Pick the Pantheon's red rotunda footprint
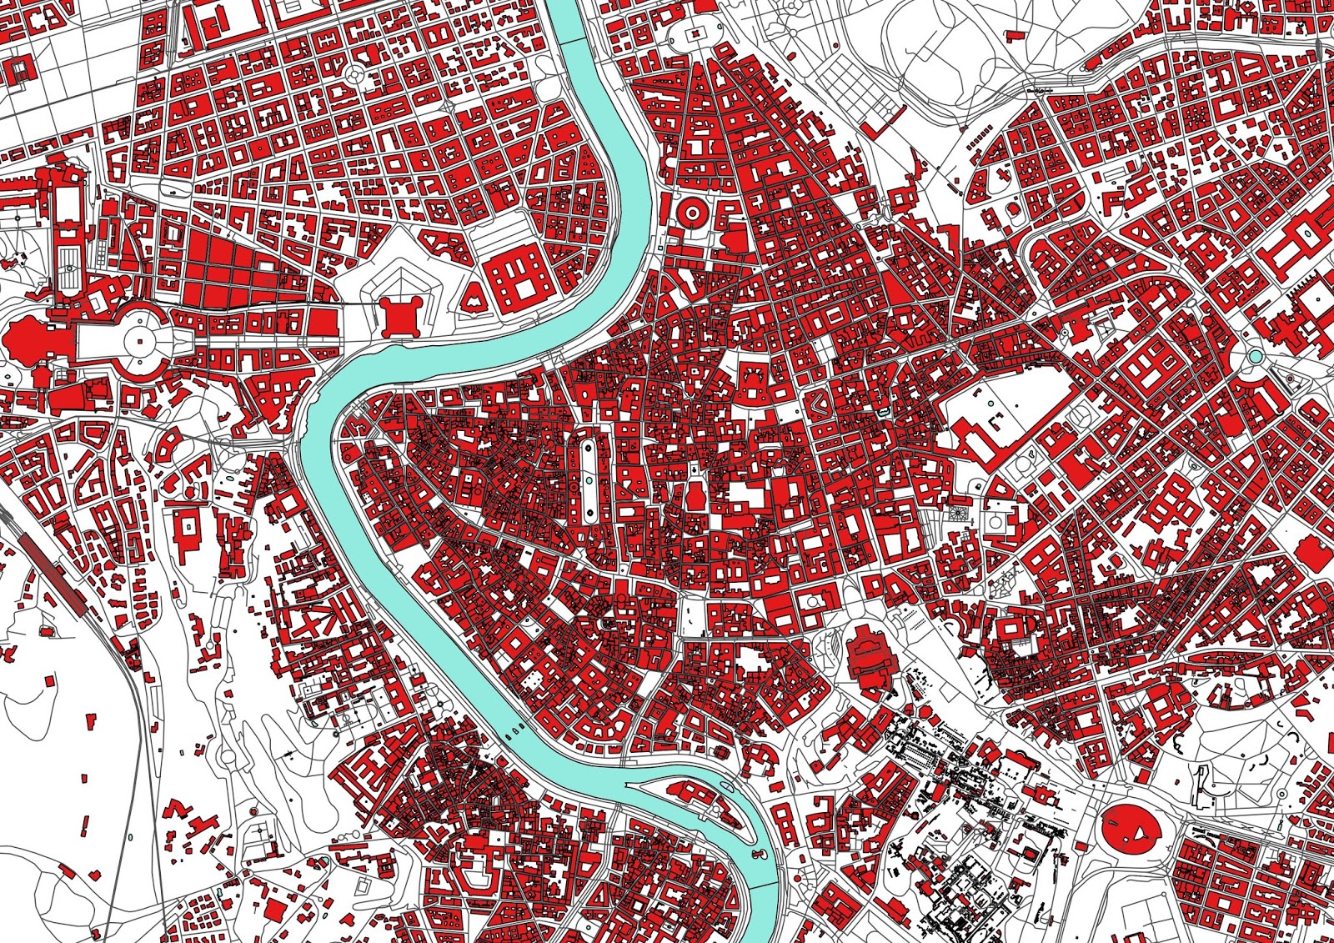point(695,498)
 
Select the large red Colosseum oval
point(1131,827)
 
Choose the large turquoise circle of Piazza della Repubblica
point(1255,357)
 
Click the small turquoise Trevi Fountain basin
point(884,413)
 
